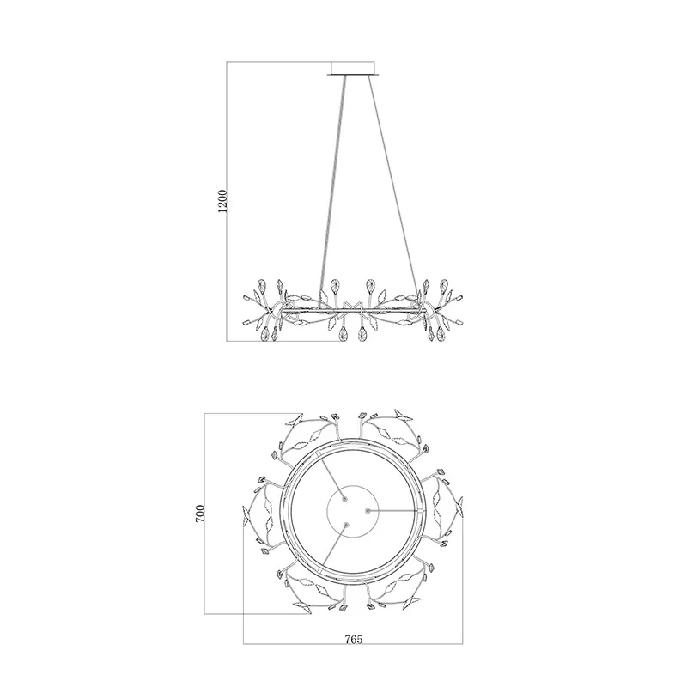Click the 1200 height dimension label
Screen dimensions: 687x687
222,201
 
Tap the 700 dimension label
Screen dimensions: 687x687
200,513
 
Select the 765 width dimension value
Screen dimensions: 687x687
354,639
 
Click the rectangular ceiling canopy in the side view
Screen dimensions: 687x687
353,69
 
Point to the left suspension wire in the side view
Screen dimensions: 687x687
333,192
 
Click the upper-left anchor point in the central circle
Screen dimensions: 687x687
344,499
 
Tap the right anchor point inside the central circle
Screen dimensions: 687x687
368,510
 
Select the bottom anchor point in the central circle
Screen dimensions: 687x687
346,525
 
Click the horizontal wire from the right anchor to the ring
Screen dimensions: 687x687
393,510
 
